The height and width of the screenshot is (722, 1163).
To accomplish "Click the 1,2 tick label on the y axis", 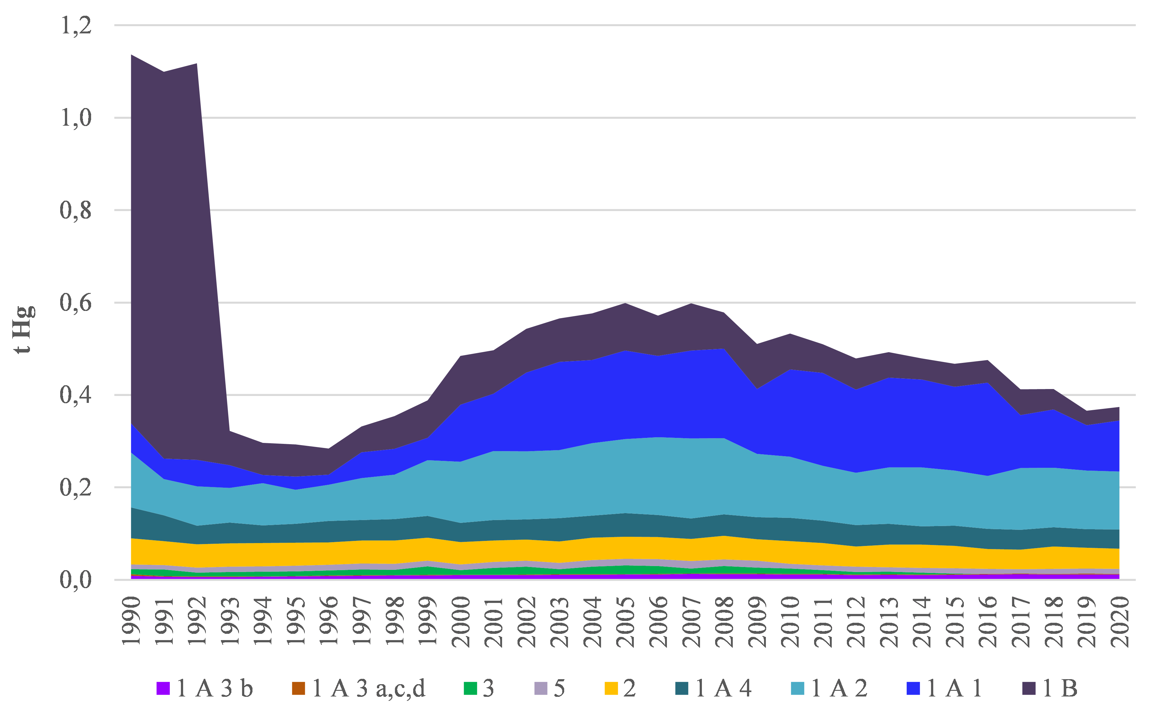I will click(75, 25).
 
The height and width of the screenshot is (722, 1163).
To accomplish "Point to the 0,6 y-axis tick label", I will click(75, 302).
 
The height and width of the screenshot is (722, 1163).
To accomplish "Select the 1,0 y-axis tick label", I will click(75, 117).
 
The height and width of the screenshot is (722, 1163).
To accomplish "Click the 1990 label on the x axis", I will click(131, 621).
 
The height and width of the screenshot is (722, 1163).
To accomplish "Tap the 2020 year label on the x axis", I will click(1120, 621).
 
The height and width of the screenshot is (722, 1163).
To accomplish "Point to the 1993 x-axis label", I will click(230, 621).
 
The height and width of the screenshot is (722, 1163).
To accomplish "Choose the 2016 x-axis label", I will click(988, 621).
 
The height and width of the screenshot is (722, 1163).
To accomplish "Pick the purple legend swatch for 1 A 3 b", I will click(163, 689).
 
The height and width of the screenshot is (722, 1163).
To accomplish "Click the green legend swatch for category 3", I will click(471, 689).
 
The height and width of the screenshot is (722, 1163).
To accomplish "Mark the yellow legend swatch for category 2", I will click(611, 689).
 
